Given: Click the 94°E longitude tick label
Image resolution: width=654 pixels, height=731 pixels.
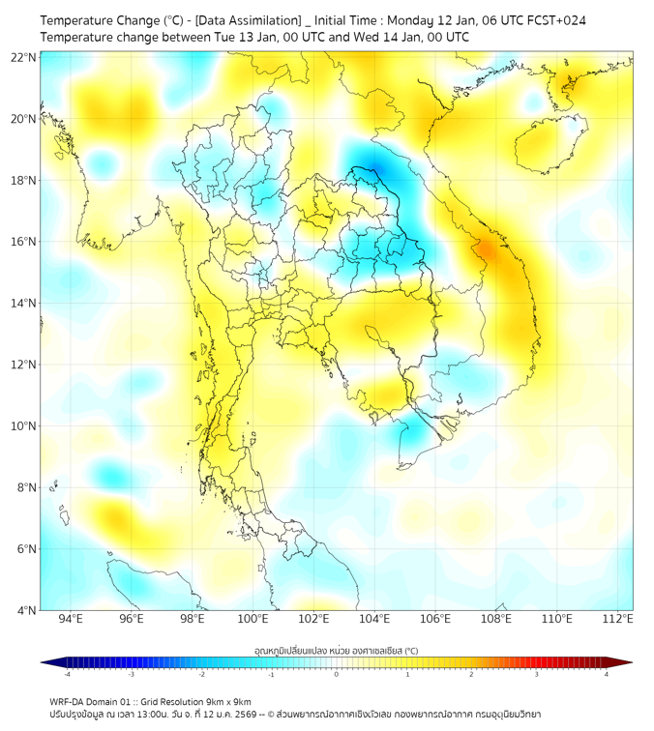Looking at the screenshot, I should [71, 619].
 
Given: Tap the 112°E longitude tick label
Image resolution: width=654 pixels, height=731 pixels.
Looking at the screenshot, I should [617, 619].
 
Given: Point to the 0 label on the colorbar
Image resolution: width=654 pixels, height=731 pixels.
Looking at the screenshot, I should [337, 675].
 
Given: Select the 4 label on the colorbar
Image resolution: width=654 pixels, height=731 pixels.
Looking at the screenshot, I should [607, 675].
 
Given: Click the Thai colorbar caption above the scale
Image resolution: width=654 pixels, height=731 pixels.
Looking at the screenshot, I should [336, 650].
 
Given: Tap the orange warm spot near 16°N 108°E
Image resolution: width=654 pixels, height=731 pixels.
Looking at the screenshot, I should [487, 249].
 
